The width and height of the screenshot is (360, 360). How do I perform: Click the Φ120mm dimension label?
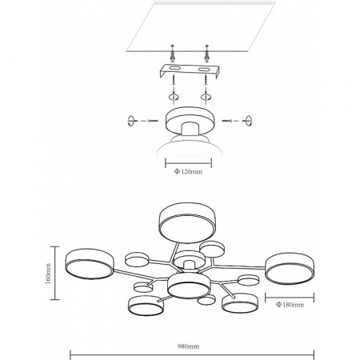[188, 171]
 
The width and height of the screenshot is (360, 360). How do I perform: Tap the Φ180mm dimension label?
[290, 305]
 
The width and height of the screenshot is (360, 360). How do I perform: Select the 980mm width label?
[188, 346]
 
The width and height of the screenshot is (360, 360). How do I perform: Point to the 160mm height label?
[48, 274]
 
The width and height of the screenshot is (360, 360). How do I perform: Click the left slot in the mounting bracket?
[174, 69]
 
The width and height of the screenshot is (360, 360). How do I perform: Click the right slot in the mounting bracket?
[203, 70]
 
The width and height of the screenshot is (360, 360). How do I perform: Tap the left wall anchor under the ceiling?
[172, 54]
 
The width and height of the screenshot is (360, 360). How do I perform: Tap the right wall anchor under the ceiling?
[206, 54]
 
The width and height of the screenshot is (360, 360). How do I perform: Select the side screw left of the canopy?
[153, 121]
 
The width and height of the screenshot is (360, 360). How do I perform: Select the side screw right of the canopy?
[227, 121]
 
